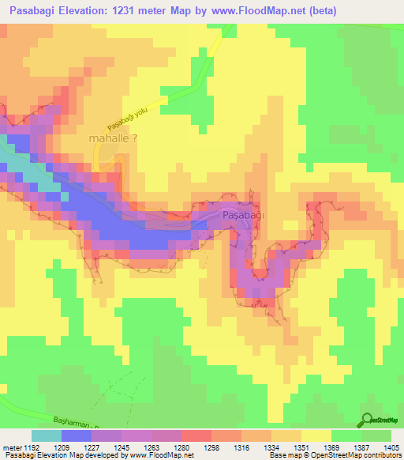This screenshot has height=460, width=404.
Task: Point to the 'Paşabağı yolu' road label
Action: (x=129, y=117)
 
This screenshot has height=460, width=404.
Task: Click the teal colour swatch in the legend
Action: (x=46, y=435)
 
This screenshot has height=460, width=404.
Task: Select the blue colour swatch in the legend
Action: (x=76, y=435)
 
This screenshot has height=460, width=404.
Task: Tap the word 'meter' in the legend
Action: (x=11, y=447)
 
